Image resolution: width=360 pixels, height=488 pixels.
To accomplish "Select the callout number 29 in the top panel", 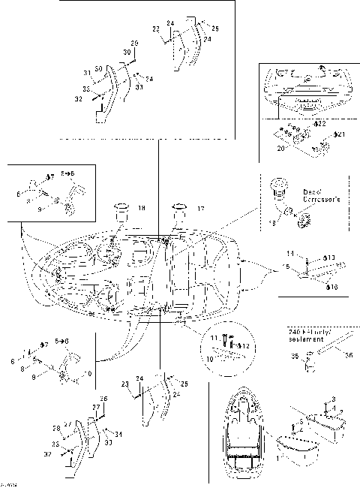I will point(134,43).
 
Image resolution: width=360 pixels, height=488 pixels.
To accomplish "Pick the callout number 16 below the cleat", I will point(332,287).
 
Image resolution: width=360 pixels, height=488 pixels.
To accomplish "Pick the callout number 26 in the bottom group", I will point(104,399).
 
